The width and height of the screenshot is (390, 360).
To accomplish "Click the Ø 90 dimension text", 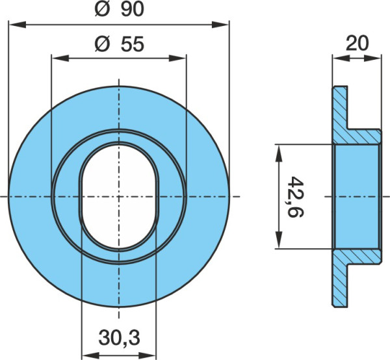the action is tap(120, 10).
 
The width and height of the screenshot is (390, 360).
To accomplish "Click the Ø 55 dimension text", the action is tap(120, 44).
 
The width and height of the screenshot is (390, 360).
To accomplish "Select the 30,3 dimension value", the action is tap(119, 338).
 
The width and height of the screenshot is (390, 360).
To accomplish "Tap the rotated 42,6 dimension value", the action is tap(296, 197).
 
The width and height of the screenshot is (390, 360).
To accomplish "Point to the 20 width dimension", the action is tap(357, 44).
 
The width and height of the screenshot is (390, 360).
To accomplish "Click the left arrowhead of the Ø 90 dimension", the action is tap(18, 25).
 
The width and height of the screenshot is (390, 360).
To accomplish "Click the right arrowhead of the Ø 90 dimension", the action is tap(220, 25).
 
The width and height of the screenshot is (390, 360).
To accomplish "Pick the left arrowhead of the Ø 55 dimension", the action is tap(60, 58).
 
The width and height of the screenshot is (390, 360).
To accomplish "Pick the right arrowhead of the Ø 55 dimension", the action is tap(177, 58).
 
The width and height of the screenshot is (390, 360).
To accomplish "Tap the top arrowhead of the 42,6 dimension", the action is tap(279, 153).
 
